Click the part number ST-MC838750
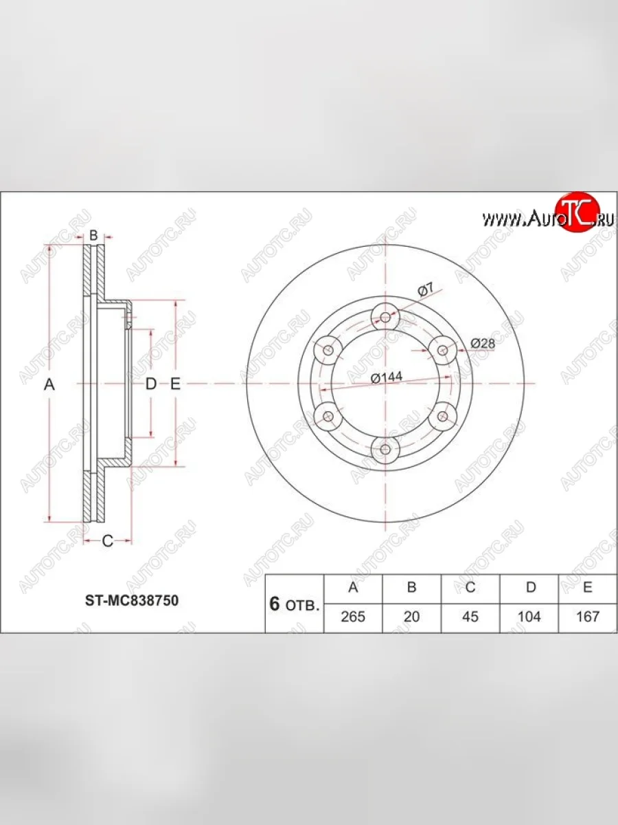[132, 601]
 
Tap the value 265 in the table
[353, 617]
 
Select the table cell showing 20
[411, 617]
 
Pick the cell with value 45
[470, 617]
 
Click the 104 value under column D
[529, 617]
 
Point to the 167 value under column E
[587, 617]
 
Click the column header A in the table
[353, 587]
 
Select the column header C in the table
[470, 587]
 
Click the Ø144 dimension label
[387, 377]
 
